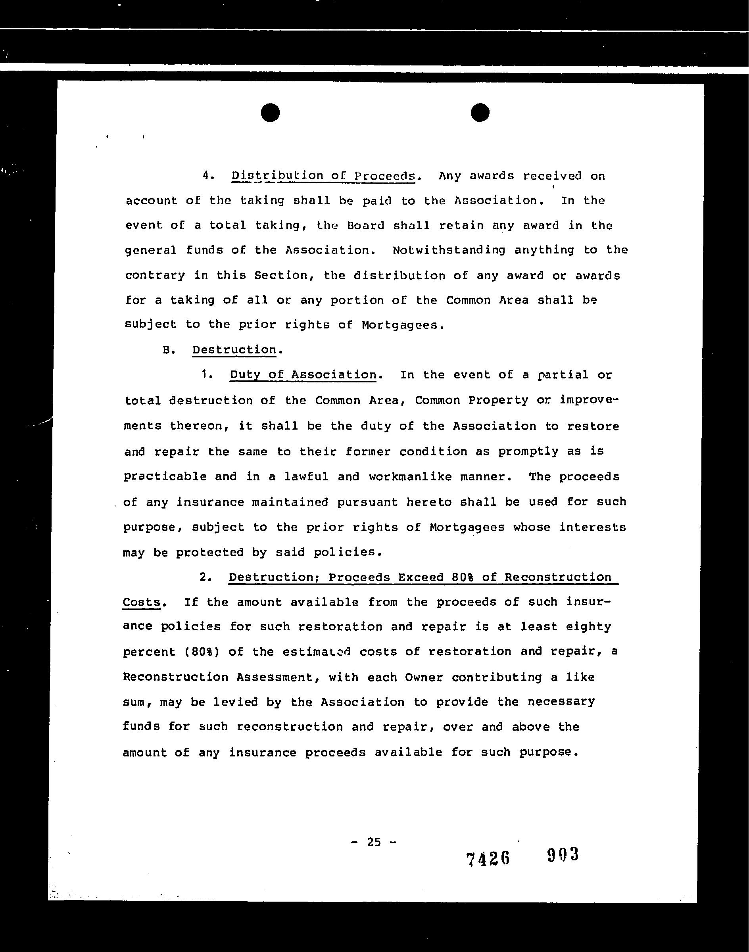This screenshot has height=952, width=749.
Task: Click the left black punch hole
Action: [x=270, y=113]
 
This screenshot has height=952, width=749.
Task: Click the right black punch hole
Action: [x=480, y=113]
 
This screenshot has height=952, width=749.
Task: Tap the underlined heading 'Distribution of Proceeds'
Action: [x=323, y=176]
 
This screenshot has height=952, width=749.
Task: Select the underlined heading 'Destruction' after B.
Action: [x=234, y=349]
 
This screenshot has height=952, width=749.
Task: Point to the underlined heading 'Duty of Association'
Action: [x=303, y=374]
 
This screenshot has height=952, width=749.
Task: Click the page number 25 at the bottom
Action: [x=374, y=841]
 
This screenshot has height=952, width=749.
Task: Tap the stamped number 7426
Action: [x=488, y=858]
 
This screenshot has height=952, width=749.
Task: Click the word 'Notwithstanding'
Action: [x=449, y=250]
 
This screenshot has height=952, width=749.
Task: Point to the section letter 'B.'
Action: [x=169, y=350]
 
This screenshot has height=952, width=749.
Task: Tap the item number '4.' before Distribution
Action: [x=209, y=176]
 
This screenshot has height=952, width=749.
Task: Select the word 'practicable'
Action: [x=165, y=476]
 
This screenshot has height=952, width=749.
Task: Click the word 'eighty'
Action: [x=588, y=627]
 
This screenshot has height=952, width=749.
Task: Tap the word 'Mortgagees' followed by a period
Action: [x=400, y=325]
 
